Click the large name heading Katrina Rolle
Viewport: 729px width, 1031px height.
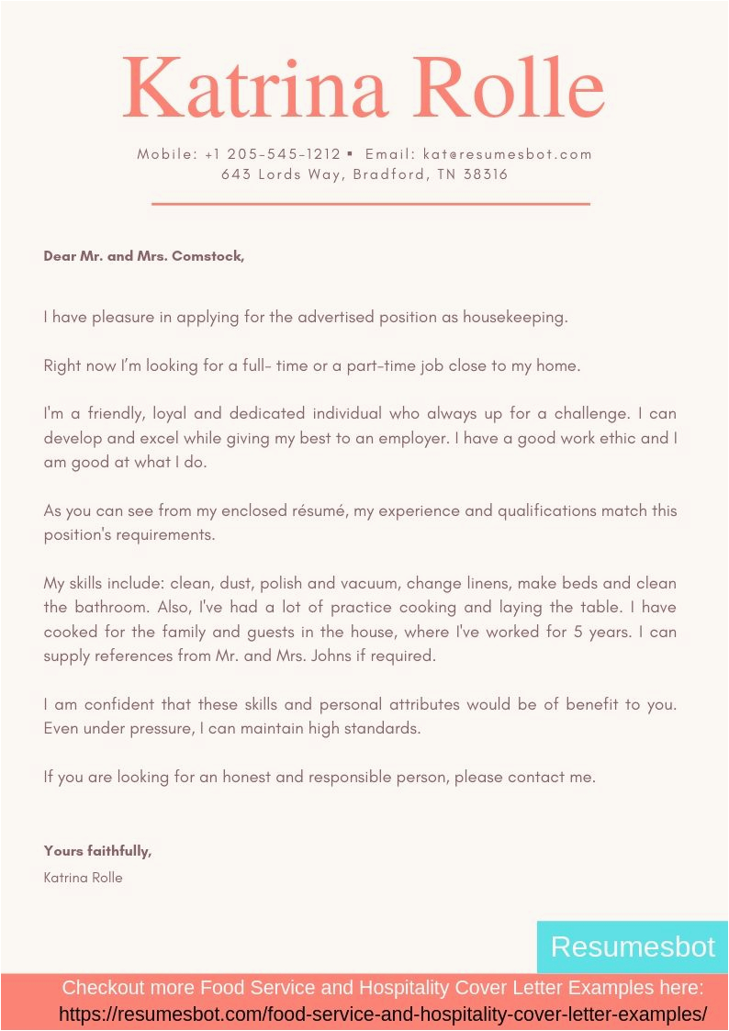364,87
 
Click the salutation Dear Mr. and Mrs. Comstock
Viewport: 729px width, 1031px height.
144,256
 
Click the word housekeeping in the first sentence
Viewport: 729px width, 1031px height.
515,318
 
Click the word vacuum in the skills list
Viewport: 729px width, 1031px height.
364,583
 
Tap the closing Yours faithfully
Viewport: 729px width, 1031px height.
97,851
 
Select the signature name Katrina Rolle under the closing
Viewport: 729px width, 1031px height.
83,878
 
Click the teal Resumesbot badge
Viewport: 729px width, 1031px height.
632,947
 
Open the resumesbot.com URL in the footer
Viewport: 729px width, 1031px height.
383,1014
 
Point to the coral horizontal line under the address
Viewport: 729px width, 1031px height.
370,204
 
